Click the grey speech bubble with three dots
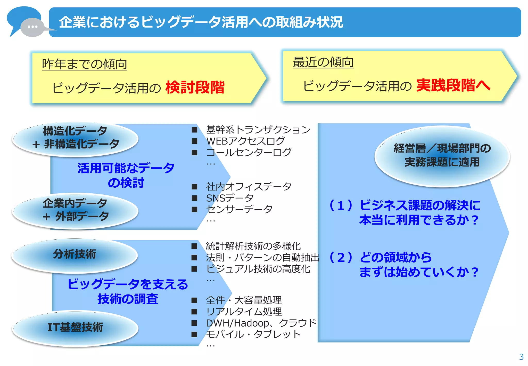[32, 27]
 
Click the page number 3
[521, 357]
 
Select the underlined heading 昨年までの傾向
[85, 64]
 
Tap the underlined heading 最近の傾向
[323, 62]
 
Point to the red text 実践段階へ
[453, 85]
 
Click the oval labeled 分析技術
[75, 254]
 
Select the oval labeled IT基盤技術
[75, 328]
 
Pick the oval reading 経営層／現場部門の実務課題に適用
[442, 155]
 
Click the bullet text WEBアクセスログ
[245, 141]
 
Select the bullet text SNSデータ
[230, 198]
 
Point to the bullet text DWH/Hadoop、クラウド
[261, 323]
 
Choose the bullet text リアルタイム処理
[244, 312]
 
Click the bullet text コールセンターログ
[249, 152]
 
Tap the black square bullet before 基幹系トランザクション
[194, 130]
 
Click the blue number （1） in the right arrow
[341, 205]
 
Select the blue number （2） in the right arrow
[341, 257]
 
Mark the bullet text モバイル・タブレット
[253, 334]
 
